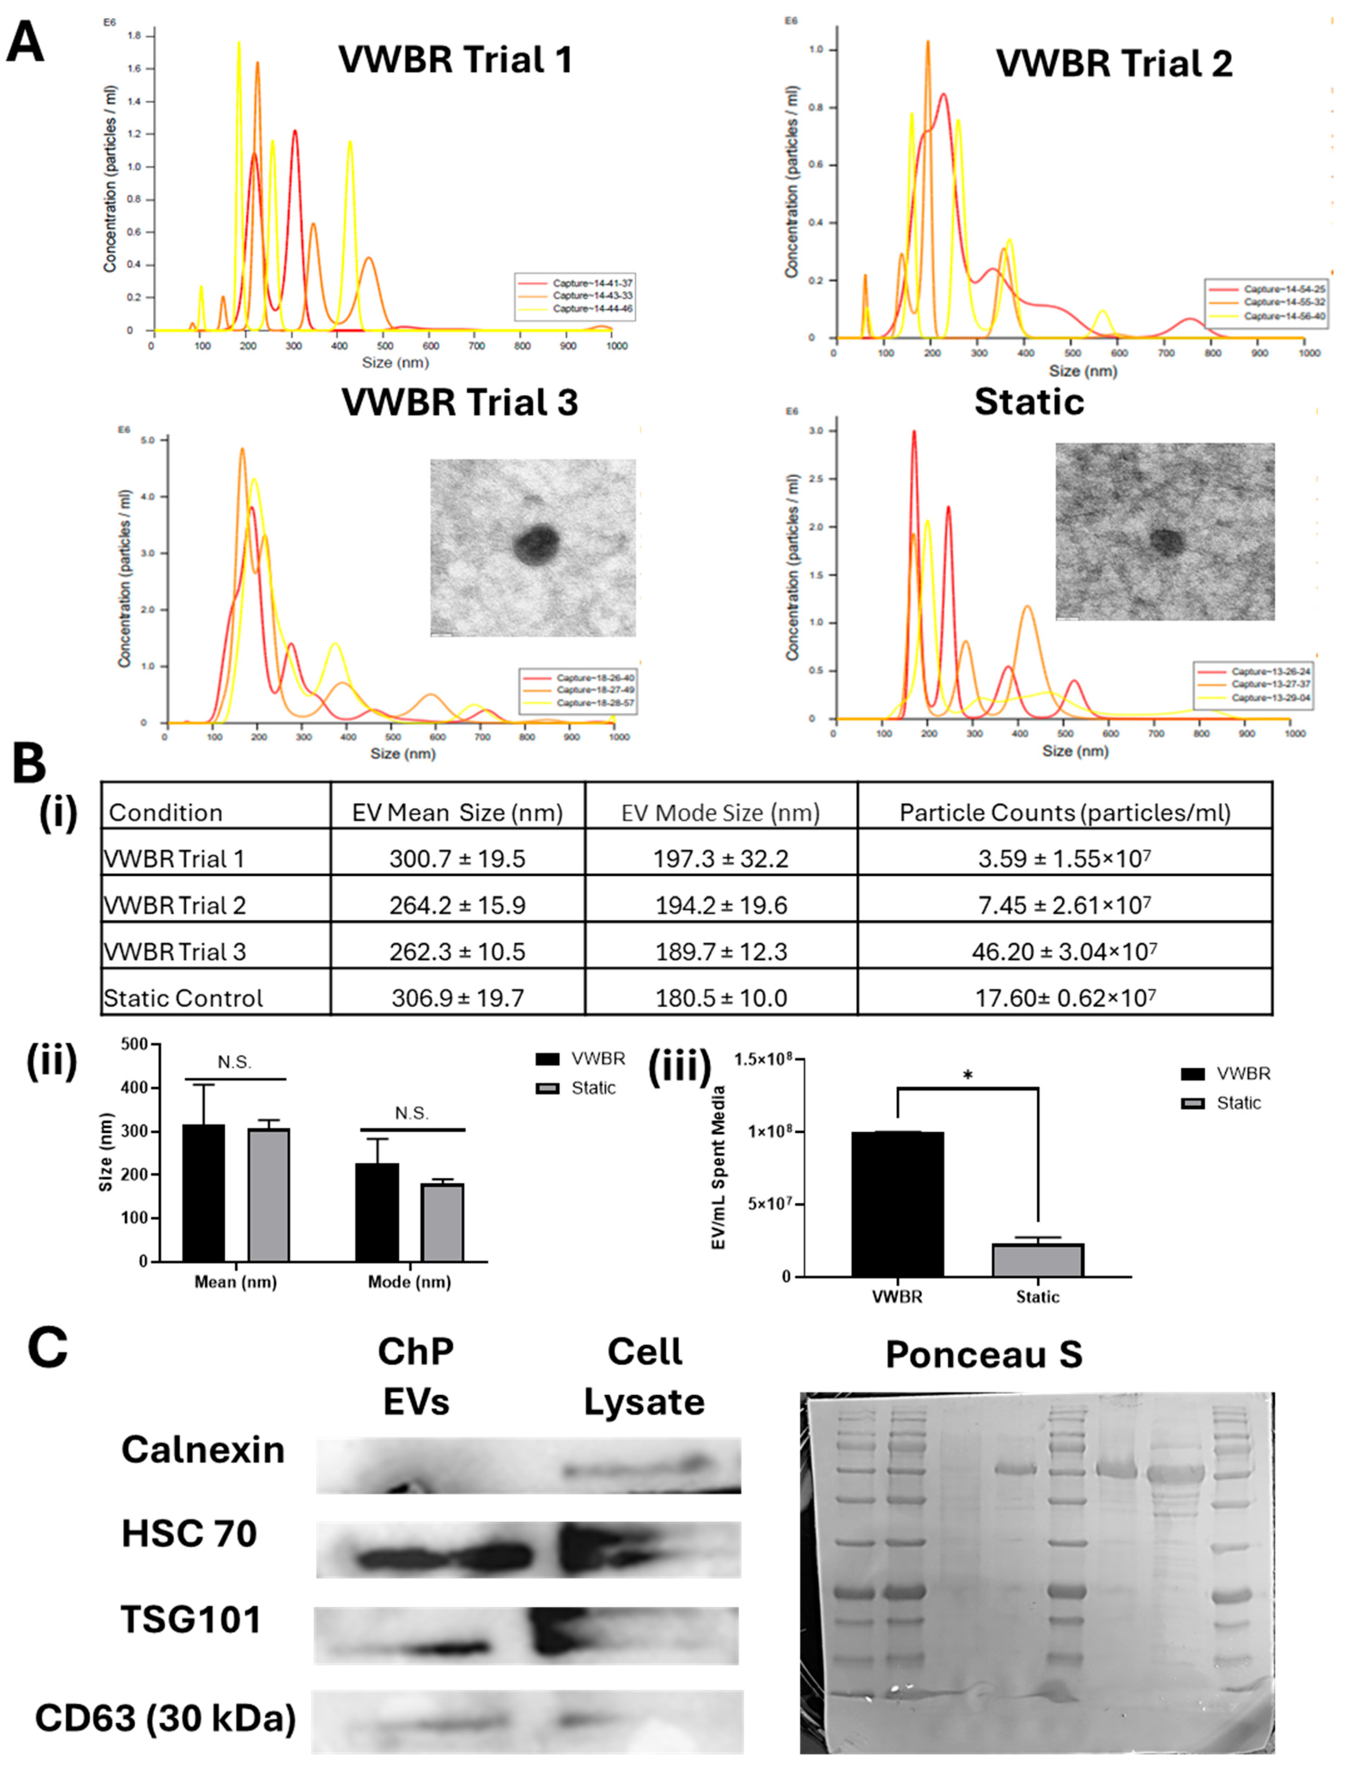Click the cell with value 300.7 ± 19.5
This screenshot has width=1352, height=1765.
(457, 859)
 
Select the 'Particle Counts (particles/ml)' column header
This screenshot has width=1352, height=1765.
(1065, 813)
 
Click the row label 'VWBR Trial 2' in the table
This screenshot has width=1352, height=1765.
(174, 905)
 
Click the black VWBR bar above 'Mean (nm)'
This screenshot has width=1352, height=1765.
(204, 1193)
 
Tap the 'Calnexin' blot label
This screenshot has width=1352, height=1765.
(203, 1450)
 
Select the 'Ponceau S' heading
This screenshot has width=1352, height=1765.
(983, 1354)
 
